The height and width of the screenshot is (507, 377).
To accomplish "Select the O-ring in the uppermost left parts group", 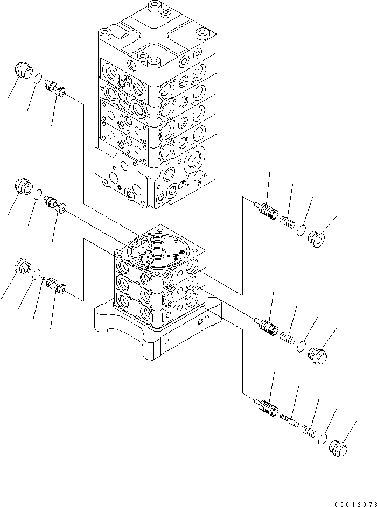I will click(x=37, y=80).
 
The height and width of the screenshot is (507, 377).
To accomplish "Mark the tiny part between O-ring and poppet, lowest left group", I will click(x=43, y=278).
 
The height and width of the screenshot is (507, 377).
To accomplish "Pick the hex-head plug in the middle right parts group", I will click(x=319, y=356).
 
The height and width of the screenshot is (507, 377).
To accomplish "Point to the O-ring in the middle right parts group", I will click(x=303, y=347).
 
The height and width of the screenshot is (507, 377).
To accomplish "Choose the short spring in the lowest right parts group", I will click(x=309, y=431).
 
